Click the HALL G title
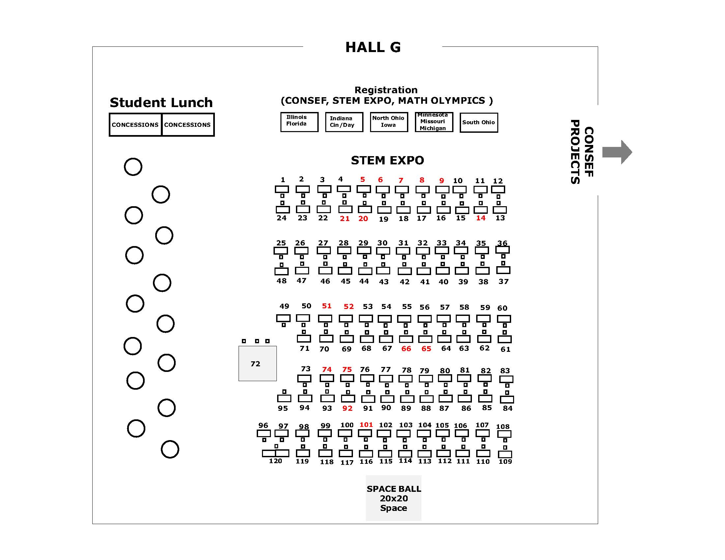(x=373, y=47)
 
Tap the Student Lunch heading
(x=161, y=102)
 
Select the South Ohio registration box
(x=479, y=123)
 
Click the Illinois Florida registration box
(x=299, y=122)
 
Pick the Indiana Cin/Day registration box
(x=344, y=122)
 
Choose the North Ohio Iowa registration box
(x=389, y=122)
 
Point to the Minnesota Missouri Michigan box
(x=434, y=122)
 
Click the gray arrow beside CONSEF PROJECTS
(x=617, y=152)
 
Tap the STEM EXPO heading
(x=388, y=160)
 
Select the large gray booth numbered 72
(x=258, y=363)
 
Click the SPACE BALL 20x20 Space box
(x=394, y=498)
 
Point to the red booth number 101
(x=366, y=425)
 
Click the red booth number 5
(x=362, y=180)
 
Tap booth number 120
(x=275, y=461)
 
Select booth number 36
(x=502, y=243)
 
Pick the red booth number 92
(x=347, y=408)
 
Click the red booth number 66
(x=406, y=349)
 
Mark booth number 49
(x=284, y=306)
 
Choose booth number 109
(x=505, y=462)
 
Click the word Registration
(x=386, y=90)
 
